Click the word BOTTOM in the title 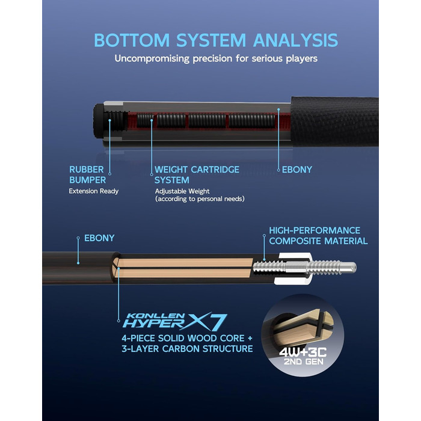(x=132, y=40)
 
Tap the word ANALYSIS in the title (x=295, y=40)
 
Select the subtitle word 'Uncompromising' (x=152, y=59)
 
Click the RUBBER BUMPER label (x=88, y=175)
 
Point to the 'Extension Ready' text (x=93, y=191)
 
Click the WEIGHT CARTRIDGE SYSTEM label (x=197, y=175)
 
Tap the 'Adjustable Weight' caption (x=182, y=191)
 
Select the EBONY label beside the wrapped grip (x=297, y=170)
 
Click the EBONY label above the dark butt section (x=99, y=238)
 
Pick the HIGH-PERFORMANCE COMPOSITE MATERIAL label (x=318, y=236)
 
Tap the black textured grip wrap (x=335, y=121)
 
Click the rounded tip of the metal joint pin (x=354, y=268)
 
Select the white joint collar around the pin (x=296, y=268)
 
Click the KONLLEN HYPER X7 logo (x=175, y=322)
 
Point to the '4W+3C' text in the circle (x=303, y=352)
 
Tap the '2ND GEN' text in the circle (x=304, y=361)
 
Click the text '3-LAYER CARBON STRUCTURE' (x=187, y=349)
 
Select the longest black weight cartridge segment (x=252, y=120)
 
